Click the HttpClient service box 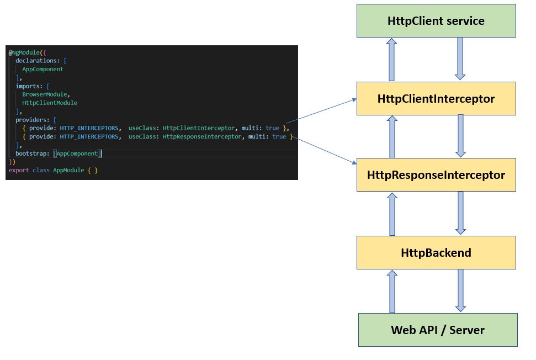436,21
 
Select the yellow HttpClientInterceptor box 436,99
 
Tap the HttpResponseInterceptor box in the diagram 436,175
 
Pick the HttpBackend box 436,253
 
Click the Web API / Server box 438,330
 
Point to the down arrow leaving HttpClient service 460,59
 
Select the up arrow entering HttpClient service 391,60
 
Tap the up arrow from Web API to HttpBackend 391,292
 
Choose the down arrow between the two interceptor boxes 460,136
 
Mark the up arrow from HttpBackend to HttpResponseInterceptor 391,214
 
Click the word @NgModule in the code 24,52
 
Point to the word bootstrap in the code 32,153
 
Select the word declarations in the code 36,61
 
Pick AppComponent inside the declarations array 43,69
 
